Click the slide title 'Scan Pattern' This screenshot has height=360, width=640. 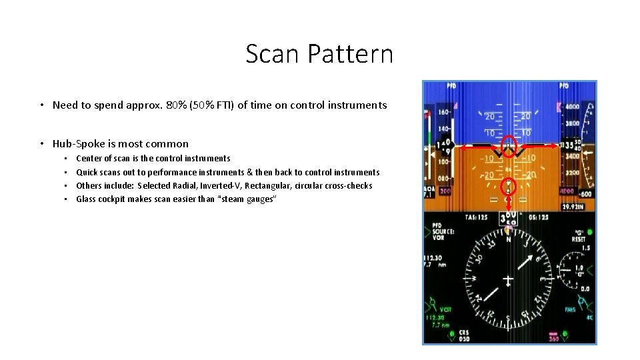pos(319,54)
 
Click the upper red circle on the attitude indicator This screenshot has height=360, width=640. pos(509,144)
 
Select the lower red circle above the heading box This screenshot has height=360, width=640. pos(509,189)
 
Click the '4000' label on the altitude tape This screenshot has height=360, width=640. pos(571,106)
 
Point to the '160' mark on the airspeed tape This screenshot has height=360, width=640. pos(441,113)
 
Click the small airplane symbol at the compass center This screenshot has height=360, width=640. pos(509,279)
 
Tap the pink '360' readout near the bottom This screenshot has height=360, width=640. pos(553,339)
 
